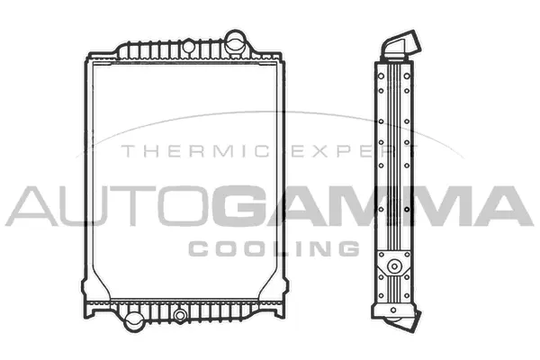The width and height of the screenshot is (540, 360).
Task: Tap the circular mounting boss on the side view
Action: point(392,267)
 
